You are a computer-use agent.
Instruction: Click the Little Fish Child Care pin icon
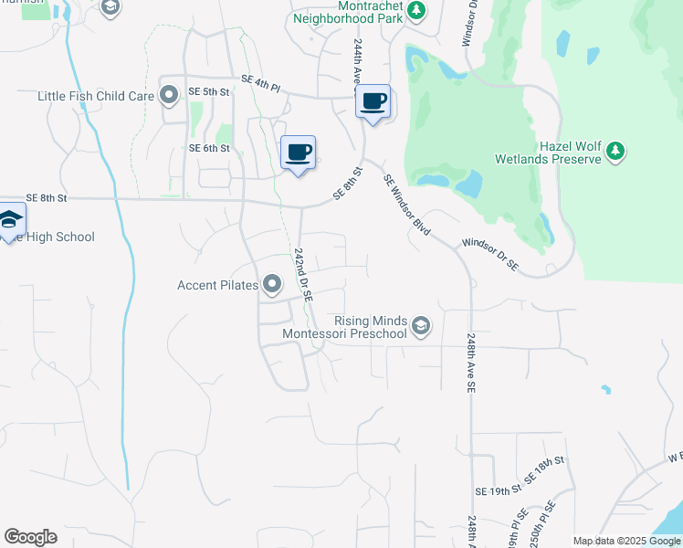coord(169,95)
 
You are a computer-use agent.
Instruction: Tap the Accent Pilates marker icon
coord(272,286)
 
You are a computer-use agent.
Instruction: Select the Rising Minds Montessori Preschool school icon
coord(421,326)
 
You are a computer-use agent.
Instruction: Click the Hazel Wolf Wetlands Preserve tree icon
coord(616,151)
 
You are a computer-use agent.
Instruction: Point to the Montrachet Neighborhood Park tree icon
coord(416,11)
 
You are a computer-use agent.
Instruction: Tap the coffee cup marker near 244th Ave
coord(373,101)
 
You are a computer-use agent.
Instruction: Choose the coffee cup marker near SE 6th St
coord(298,153)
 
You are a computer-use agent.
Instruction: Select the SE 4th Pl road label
coord(261,83)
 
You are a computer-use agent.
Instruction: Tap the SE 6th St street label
coord(209,148)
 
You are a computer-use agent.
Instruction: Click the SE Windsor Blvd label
coord(407,205)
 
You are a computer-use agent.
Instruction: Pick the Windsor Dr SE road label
coord(489,255)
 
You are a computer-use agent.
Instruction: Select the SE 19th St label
coord(497,491)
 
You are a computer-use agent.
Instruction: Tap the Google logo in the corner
coord(30,537)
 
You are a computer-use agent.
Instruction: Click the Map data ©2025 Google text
coord(625,541)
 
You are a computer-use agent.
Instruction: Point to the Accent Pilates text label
coord(217,286)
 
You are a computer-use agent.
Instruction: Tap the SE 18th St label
coord(544,471)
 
